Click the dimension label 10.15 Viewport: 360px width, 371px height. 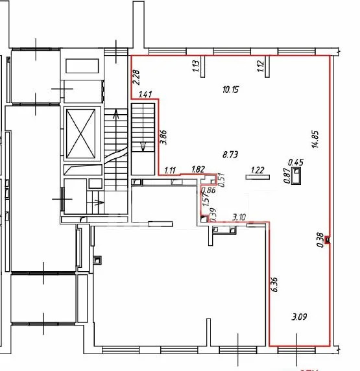(x=231, y=90)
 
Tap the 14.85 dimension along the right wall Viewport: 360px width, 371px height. (x=316, y=139)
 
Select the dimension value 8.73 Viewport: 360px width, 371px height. (x=230, y=155)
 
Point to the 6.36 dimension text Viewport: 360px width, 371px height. (x=275, y=285)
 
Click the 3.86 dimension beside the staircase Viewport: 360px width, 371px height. (x=163, y=138)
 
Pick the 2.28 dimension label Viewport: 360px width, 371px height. (x=136, y=77)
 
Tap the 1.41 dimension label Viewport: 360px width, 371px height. (x=145, y=95)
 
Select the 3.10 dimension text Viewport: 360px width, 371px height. (x=239, y=217)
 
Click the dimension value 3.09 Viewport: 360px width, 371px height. (x=300, y=317)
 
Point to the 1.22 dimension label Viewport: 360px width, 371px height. (x=258, y=170)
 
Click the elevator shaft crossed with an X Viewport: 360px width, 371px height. (x=81, y=134)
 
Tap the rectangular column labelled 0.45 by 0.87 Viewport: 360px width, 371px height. (x=296, y=175)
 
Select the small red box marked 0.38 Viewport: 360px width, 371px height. (x=328, y=240)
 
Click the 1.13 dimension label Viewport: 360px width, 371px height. (x=196, y=66)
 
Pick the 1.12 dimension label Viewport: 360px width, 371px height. (x=260, y=66)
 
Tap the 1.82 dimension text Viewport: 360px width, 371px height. (x=198, y=169)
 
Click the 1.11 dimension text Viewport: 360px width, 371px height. (x=170, y=170)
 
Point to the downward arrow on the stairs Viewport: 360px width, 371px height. (x=143, y=146)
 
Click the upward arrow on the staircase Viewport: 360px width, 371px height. (x=116, y=114)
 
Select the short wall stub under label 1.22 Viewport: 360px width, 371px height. (x=258, y=177)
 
